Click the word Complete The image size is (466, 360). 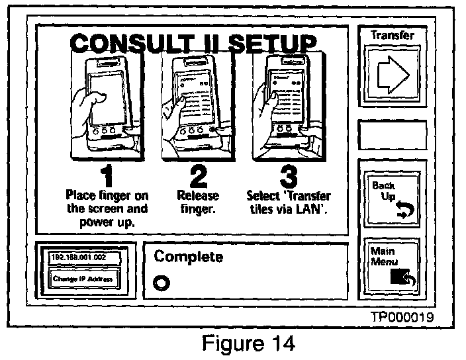[188, 257]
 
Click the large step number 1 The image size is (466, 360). [105, 175]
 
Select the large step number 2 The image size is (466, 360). [197, 175]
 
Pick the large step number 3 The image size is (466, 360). [287, 175]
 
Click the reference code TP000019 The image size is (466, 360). [402, 317]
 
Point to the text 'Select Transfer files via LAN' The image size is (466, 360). [289, 202]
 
